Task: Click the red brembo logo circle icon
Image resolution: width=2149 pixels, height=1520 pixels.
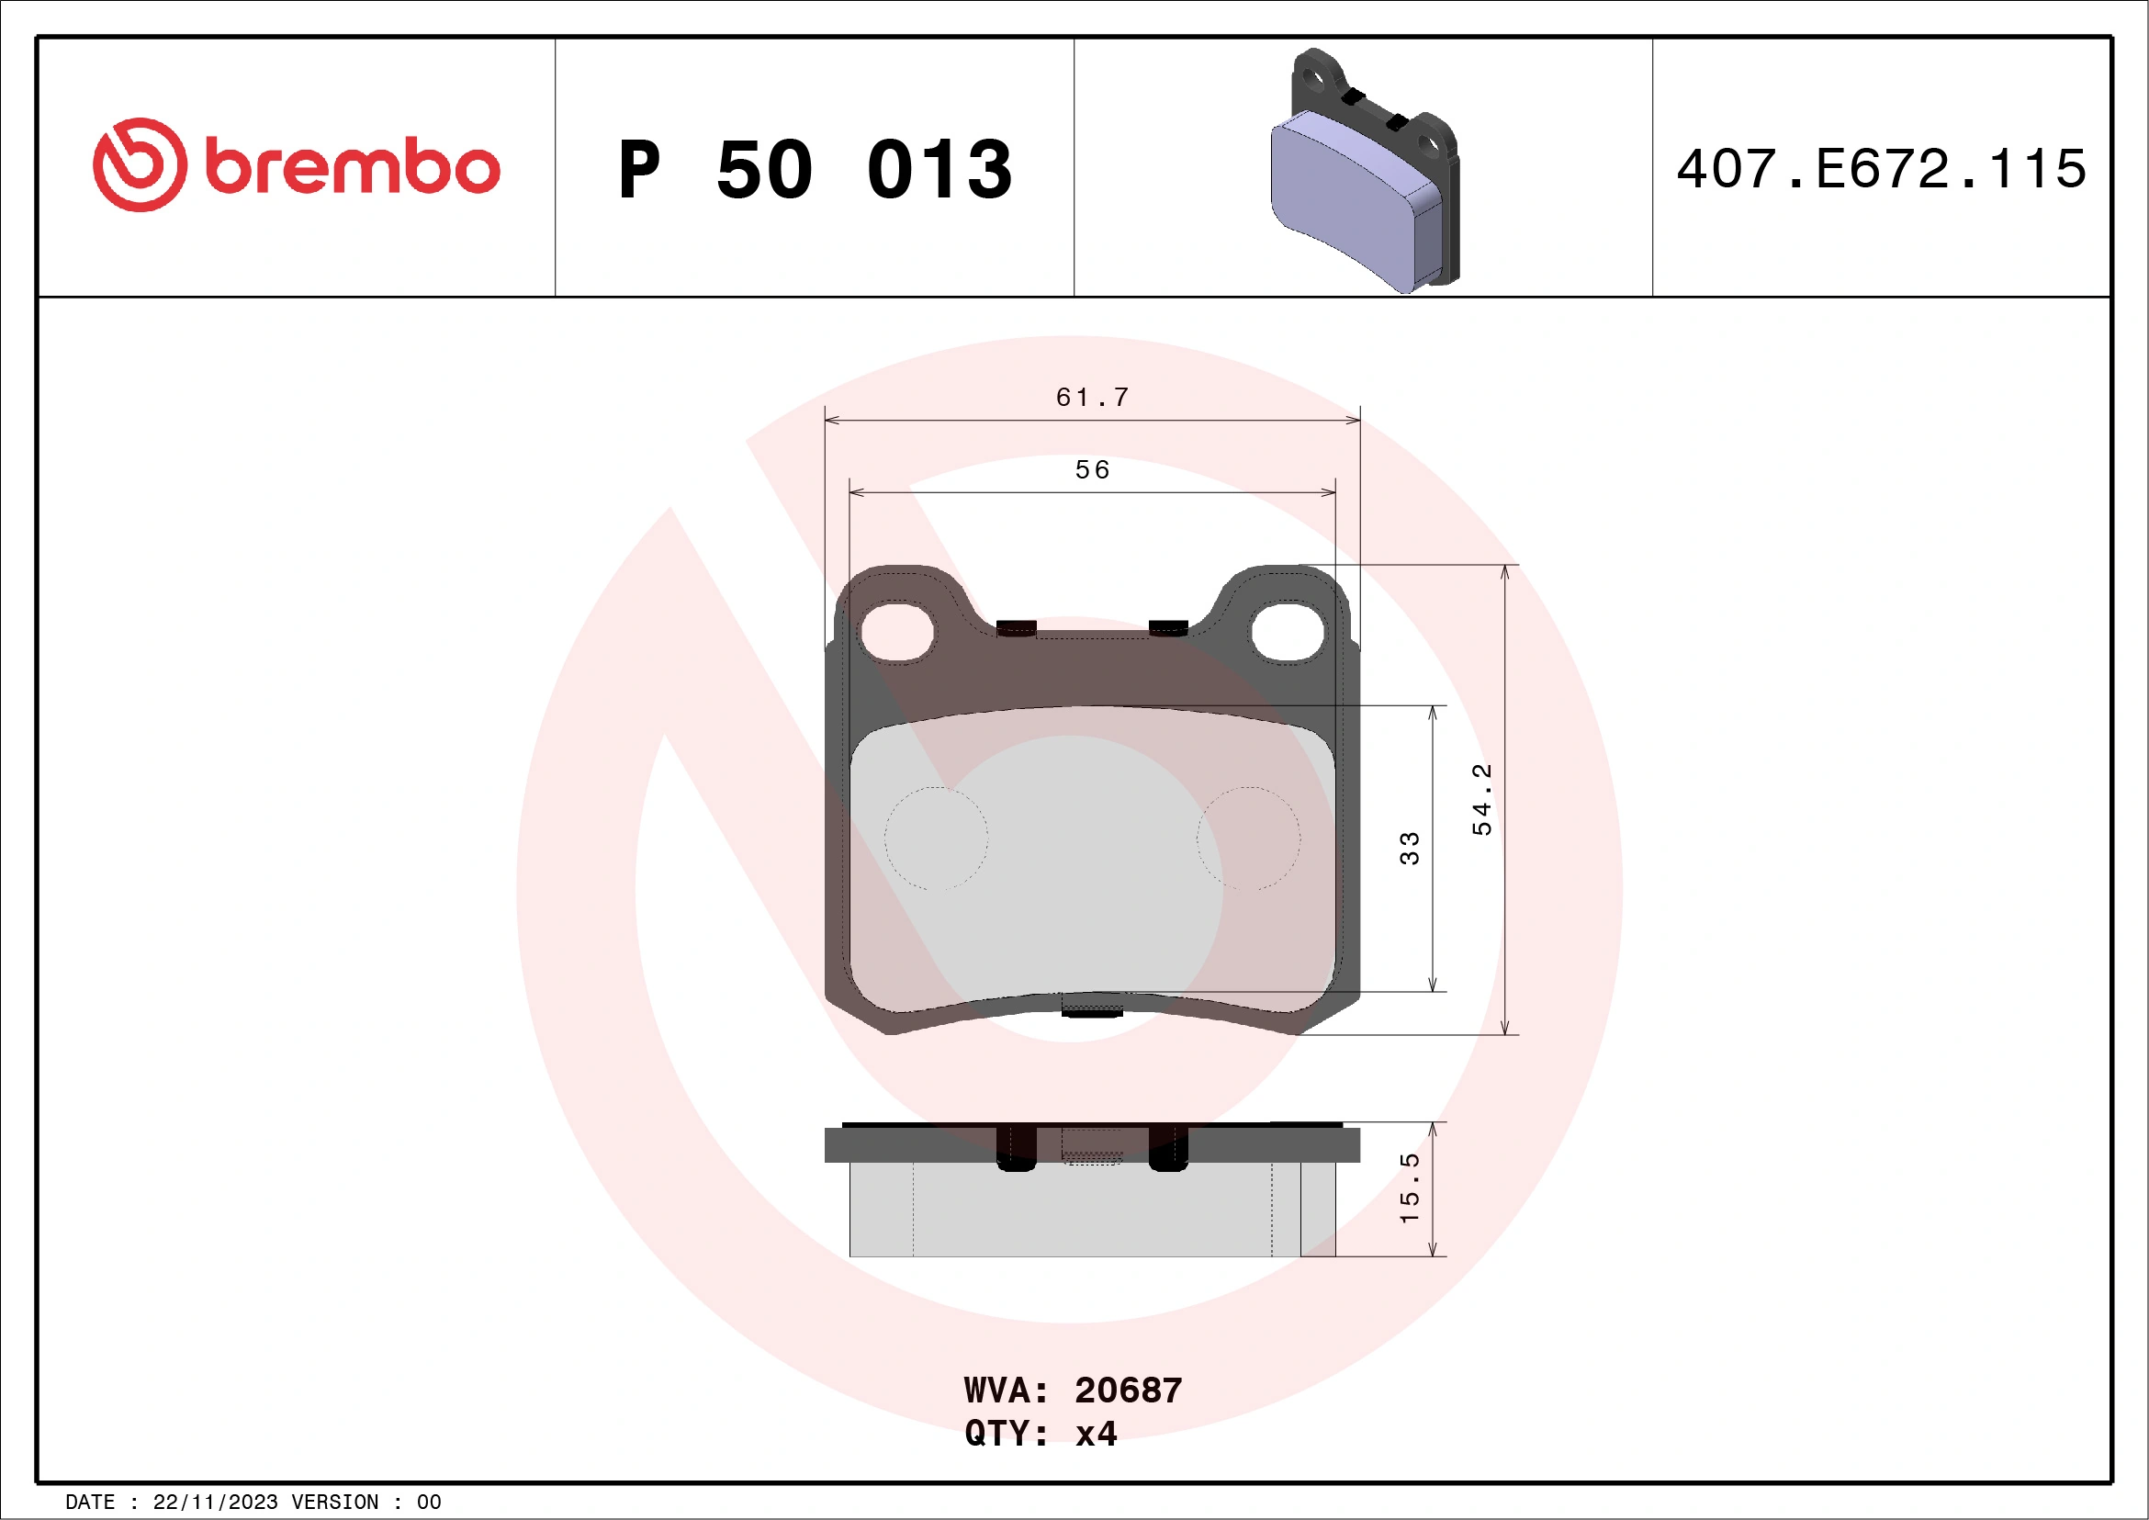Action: click(x=140, y=164)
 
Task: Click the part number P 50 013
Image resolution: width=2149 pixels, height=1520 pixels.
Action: click(x=815, y=169)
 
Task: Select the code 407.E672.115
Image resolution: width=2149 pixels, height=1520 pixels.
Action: click(x=1881, y=169)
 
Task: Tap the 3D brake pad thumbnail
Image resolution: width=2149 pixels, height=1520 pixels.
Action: click(x=1364, y=171)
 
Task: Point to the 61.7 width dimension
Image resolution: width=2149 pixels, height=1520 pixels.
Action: click(x=1091, y=398)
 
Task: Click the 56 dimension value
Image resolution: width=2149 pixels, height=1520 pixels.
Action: click(x=1091, y=470)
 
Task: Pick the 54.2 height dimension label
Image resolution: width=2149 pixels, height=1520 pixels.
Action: click(x=1481, y=799)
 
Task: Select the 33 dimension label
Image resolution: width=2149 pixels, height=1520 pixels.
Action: click(x=1409, y=848)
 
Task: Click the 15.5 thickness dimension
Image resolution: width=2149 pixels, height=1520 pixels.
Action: click(x=1409, y=1188)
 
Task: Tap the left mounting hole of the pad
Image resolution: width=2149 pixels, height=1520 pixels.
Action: click(x=896, y=632)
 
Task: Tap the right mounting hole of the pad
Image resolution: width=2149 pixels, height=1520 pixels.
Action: click(x=1288, y=632)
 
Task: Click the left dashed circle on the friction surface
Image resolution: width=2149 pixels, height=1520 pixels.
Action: click(x=936, y=838)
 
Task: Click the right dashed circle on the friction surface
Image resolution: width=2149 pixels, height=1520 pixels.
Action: click(x=1248, y=838)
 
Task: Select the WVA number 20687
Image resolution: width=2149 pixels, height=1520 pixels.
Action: click(x=1128, y=1391)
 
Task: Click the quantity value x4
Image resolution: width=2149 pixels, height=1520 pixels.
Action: click(x=1096, y=1434)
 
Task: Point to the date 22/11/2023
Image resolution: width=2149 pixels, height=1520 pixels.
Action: click(x=215, y=1503)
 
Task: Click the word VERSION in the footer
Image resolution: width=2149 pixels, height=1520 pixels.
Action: click(x=334, y=1503)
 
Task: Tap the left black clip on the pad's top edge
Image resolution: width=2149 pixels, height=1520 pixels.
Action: click(x=1016, y=628)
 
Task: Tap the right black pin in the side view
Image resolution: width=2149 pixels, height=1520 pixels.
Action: click(x=1167, y=1147)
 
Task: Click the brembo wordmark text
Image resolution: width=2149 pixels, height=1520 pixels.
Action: click(x=352, y=167)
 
